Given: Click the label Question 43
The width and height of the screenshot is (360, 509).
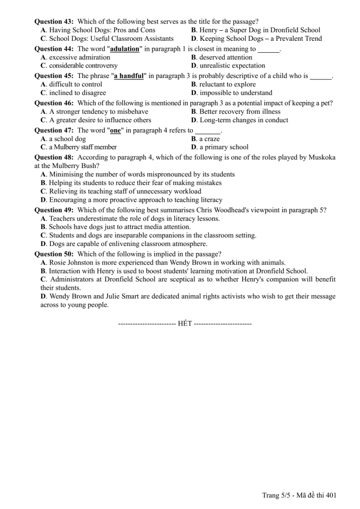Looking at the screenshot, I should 54,21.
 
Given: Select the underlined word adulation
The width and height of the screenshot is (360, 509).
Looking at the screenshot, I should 124,49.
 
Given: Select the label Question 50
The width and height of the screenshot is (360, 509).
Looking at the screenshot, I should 54,254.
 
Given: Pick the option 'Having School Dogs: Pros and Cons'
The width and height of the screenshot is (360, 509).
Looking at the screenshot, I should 102,30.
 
